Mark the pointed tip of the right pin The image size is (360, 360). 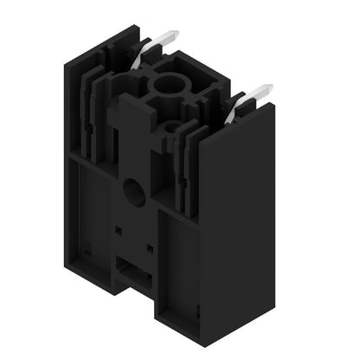269,87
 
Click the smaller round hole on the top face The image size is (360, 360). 170,128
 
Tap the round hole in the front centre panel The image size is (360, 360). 134,193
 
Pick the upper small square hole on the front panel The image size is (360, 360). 118,231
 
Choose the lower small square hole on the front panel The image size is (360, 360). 149,249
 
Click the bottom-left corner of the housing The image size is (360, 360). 68,260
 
